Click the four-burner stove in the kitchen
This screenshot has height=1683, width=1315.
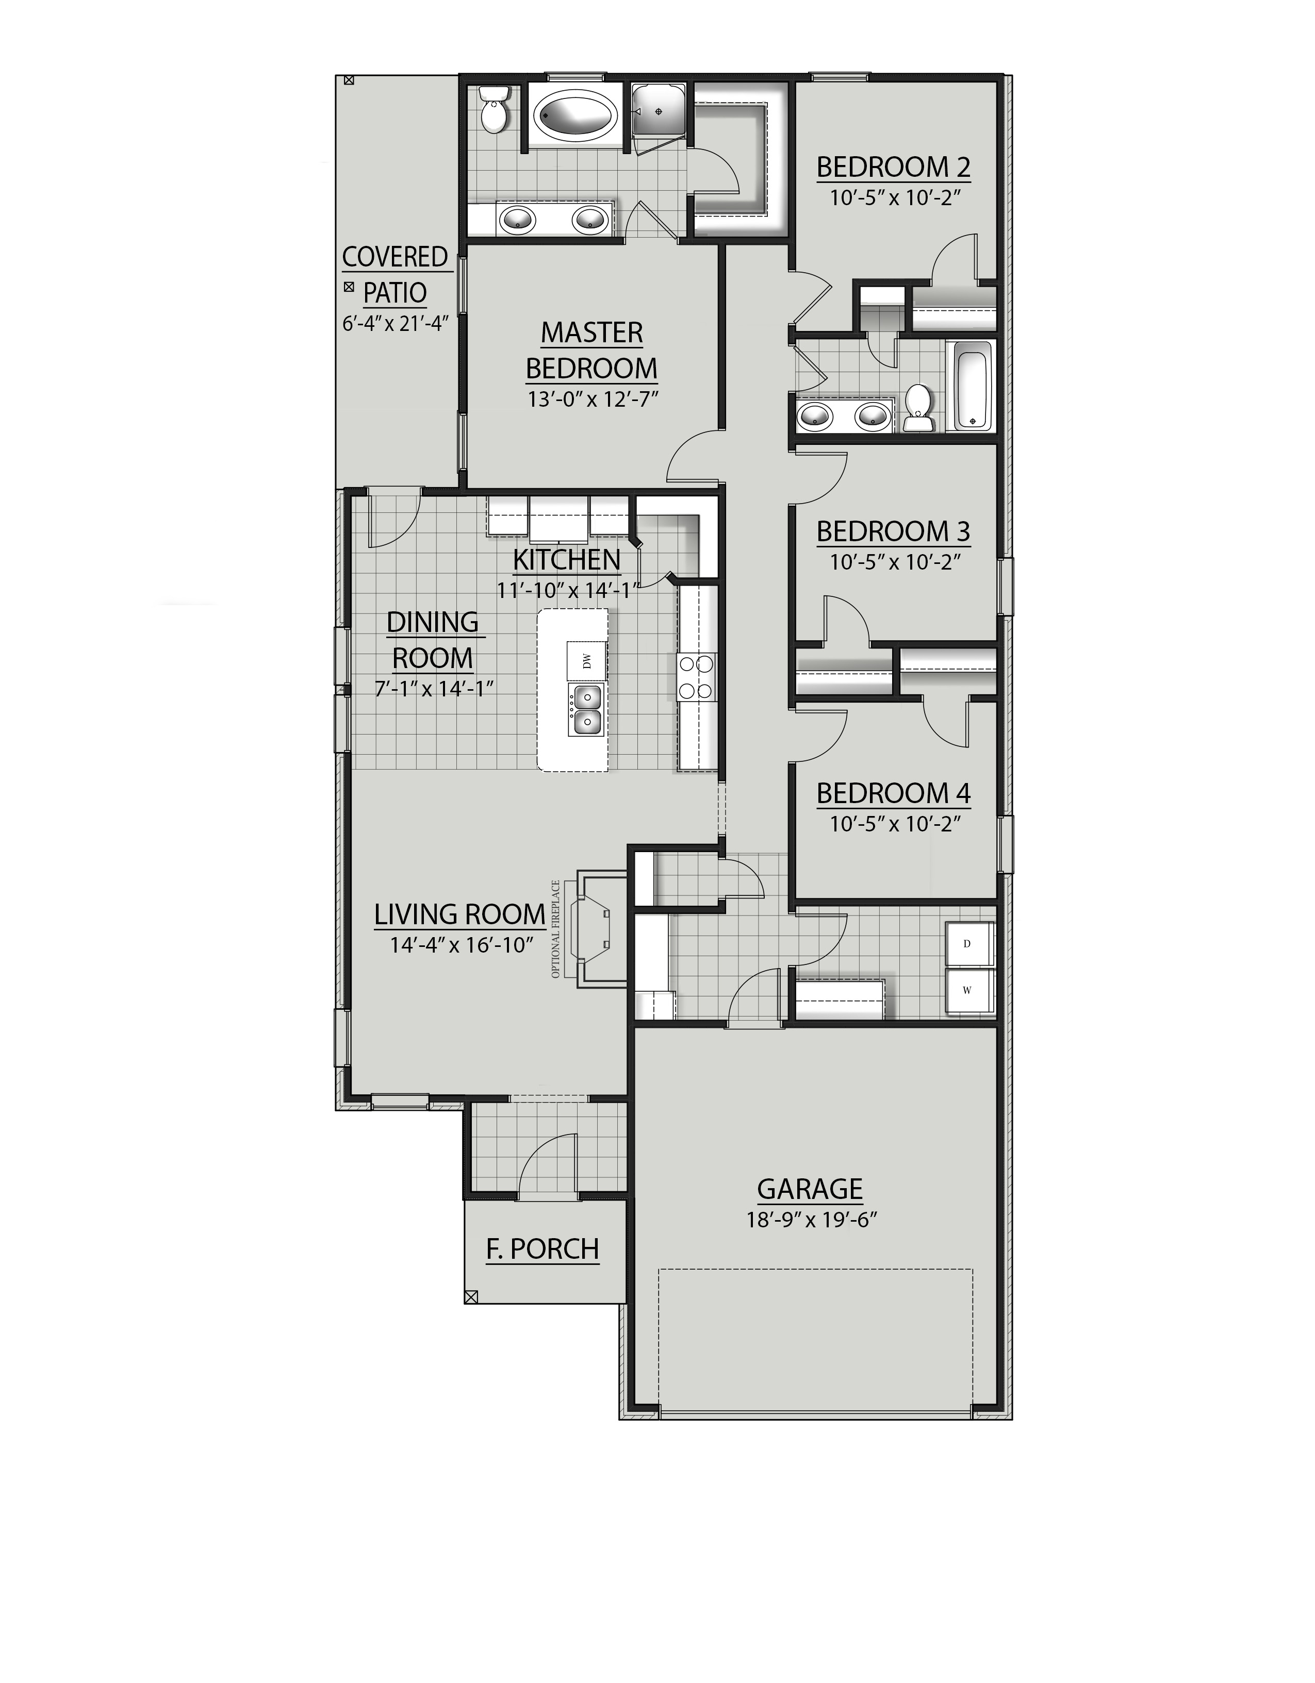696,677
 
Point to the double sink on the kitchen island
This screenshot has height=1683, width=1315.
586,710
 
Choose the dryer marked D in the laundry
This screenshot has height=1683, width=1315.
967,944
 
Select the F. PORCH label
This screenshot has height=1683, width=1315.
543,1248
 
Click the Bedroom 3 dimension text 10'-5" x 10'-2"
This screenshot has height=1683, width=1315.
894,562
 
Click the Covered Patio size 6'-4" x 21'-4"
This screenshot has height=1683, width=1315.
395,322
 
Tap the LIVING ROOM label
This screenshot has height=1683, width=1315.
459,915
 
